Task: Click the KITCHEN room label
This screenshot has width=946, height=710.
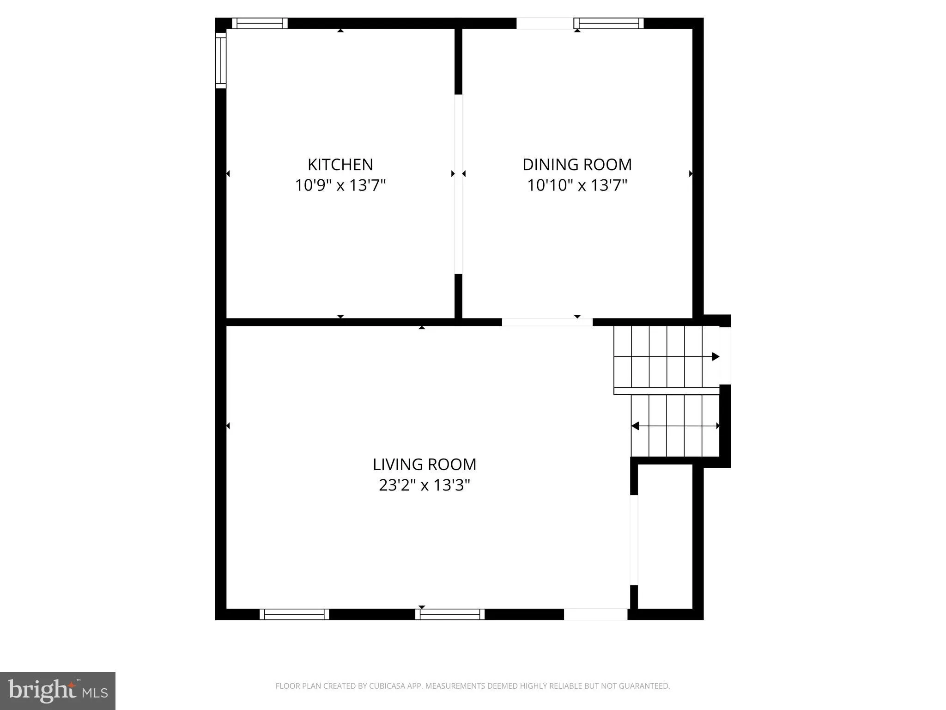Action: click(x=340, y=165)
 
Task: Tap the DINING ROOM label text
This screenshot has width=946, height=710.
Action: click(x=577, y=165)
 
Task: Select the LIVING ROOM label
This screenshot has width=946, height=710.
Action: click(x=424, y=464)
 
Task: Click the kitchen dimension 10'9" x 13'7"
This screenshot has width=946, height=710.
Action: click(x=340, y=185)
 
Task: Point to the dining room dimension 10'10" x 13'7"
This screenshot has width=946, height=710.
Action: click(x=577, y=185)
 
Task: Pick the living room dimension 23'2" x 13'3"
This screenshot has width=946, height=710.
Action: click(x=424, y=485)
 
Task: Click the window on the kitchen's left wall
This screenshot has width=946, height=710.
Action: click(x=221, y=60)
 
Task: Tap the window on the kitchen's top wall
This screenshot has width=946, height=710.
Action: click(x=260, y=23)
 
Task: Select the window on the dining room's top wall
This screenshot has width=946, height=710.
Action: click(x=609, y=23)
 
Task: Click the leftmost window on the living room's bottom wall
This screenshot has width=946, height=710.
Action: click(x=294, y=614)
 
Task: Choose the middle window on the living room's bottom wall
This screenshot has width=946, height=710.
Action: click(x=450, y=614)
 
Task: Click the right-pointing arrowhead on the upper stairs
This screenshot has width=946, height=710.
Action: click(x=716, y=356)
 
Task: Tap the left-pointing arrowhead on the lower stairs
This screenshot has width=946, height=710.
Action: click(x=636, y=426)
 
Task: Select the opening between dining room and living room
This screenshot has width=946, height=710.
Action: click(x=547, y=322)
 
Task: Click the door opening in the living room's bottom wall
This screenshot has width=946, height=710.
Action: click(x=595, y=614)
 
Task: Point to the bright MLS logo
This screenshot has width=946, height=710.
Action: click(x=58, y=691)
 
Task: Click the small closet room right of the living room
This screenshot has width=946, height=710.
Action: click(x=665, y=536)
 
